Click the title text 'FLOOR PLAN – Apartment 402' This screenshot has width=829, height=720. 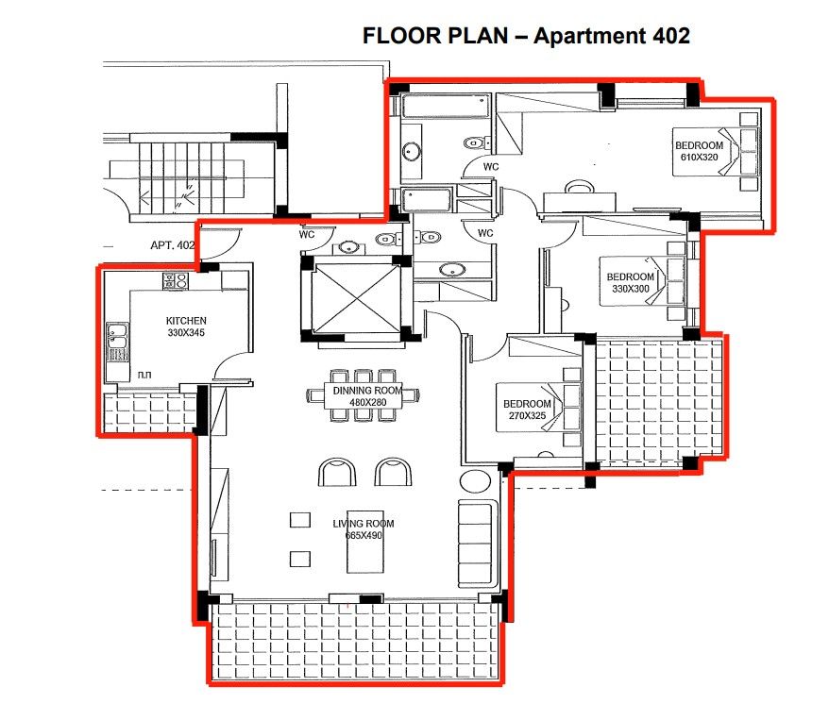pyautogui.click(x=526, y=36)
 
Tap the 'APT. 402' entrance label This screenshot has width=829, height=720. pyautogui.click(x=172, y=245)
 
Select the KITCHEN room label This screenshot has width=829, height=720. pyautogui.click(x=186, y=321)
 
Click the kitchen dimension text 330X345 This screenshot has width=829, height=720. pyautogui.click(x=186, y=332)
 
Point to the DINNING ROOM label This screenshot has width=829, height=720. pyautogui.click(x=367, y=391)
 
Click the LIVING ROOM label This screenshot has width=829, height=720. pyautogui.click(x=363, y=524)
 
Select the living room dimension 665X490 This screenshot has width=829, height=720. pyautogui.click(x=363, y=536)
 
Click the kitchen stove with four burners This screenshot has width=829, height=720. pyautogui.click(x=176, y=280)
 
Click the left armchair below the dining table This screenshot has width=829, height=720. pyautogui.click(x=337, y=471)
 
